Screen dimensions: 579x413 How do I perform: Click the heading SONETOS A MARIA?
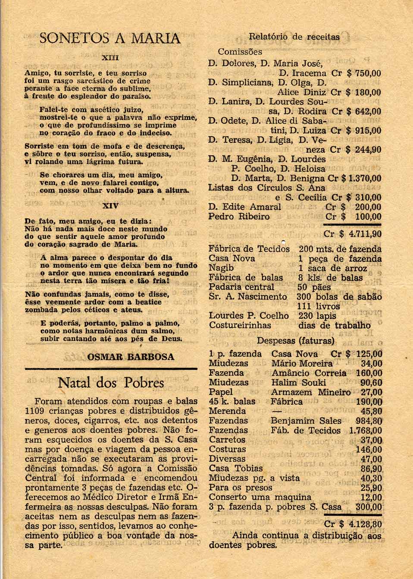(x=110, y=38)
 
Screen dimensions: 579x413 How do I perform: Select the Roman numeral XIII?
(x=110, y=57)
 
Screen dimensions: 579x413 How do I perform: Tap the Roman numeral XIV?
(x=110, y=206)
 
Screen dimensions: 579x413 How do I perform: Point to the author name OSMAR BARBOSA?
(x=131, y=357)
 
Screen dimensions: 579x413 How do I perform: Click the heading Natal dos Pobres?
(x=111, y=383)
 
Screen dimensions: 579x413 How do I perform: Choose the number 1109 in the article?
(x=36, y=410)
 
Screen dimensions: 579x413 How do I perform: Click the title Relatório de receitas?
(x=294, y=37)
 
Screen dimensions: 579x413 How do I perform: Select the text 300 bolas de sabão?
(x=339, y=297)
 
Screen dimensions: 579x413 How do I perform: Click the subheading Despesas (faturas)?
(x=295, y=341)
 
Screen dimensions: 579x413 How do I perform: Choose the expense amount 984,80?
(x=369, y=421)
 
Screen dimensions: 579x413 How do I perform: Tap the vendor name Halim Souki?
(x=298, y=382)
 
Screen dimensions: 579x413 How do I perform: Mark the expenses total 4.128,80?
(x=366, y=525)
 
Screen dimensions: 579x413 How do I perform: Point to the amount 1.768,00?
(x=366, y=430)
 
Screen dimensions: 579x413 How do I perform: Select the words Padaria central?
(x=241, y=287)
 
